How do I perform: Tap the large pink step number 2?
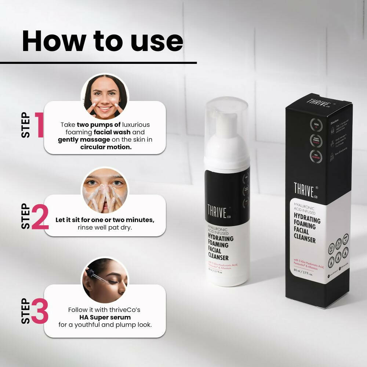point(40,217)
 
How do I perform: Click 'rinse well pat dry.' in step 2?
point(105,228)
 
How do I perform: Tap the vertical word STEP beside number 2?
point(26,217)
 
